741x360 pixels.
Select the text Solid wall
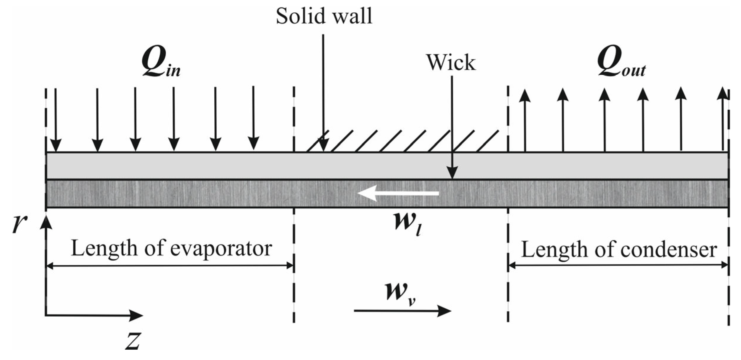click(324, 16)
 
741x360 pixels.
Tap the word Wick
click(451, 63)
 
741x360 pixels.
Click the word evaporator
click(221, 249)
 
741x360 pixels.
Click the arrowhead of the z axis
click(137, 315)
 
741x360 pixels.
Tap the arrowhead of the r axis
click(46, 223)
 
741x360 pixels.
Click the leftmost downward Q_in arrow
click(56, 118)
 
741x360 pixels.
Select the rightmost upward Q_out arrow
click(722, 118)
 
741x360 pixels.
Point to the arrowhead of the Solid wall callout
click(324, 146)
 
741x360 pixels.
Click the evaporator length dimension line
click(170, 266)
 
